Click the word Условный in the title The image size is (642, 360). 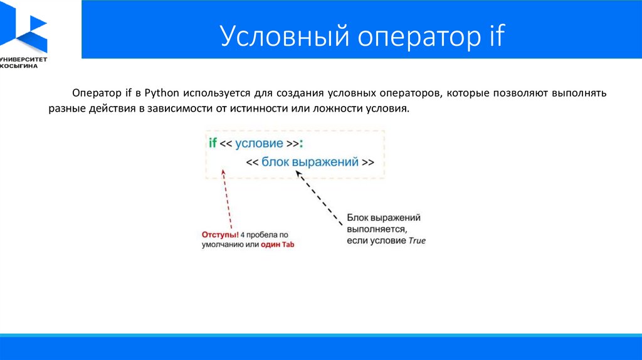click(x=285, y=36)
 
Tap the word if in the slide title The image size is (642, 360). click(x=497, y=35)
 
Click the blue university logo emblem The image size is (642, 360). click(x=24, y=27)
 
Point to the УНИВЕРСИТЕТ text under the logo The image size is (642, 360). click(x=24, y=60)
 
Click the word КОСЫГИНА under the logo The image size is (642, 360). click(x=19, y=66)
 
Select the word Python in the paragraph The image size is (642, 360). click(x=162, y=93)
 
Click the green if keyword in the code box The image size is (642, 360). click(x=213, y=142)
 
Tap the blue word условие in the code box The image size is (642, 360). click(x=259, y=144)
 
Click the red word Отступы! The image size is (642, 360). click(x=220, y=235)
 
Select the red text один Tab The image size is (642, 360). click(x=278, y=245)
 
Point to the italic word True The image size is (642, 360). click(x=417, y=241)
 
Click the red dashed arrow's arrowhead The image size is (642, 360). click(x=223, y=172)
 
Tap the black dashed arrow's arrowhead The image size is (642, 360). click(x=298, y=174)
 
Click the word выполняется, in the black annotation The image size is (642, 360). click(x=377, y=230)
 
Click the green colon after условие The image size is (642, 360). click(x=301, y=144)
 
